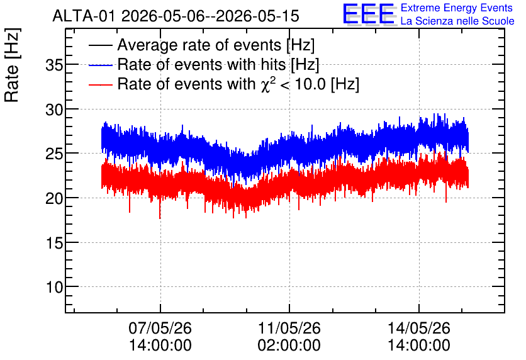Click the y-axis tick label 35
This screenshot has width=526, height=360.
[x=54, y=65]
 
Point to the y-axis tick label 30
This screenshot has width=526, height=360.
[x=54, y=110]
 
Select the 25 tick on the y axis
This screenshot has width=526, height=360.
[x=54, y=154]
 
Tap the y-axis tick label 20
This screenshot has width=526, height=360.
[x=54, y=198]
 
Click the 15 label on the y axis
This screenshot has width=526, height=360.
[x=54, y=242]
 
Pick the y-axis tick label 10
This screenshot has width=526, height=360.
[x=54, y=287]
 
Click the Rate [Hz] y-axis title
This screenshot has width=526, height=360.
[x=12, y=65]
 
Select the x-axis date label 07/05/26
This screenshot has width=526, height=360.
[x=160, y=328]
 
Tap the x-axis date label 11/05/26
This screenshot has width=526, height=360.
[x=289, y=328]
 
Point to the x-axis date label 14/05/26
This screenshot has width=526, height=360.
[x=418, y=328]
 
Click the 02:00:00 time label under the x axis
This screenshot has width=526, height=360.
[x=289, y=346]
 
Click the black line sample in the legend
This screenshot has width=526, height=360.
[x=100, y=45]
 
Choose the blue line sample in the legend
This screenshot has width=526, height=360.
[x=100, y=65]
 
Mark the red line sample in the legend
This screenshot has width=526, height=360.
[x=100, y=84]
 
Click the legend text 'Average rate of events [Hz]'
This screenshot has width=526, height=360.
[x=216, y=45]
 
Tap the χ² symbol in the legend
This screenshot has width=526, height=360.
[x=269, y=84]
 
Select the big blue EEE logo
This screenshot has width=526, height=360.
[x=369, y=14]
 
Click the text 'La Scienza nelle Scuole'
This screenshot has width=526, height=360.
[x=457, y=21]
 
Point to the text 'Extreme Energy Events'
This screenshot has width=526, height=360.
[x=457, y=8]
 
